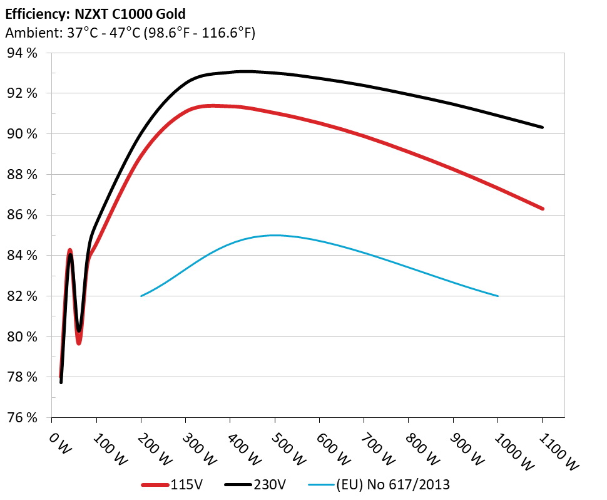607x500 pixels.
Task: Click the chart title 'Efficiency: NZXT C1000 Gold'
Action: pos(95,13)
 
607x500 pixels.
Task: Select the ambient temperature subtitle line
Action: pos(130,33)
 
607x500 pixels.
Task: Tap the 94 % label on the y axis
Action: pos(23,53)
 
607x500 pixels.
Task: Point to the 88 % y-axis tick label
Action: pos(23,174)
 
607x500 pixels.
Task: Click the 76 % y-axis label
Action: pos(23,417)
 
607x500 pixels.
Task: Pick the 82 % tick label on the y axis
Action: pos(23,296)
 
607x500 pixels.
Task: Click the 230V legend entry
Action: pos(257,484)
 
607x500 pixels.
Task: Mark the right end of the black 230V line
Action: pos(542,127)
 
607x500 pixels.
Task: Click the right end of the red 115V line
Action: pos(542,209)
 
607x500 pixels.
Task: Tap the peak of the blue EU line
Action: pos(275,236)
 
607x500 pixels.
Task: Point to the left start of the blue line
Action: pos(141,296)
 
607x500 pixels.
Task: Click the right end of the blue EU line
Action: pos(498,296)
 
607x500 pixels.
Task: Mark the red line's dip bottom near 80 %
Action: pos(79,343)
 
